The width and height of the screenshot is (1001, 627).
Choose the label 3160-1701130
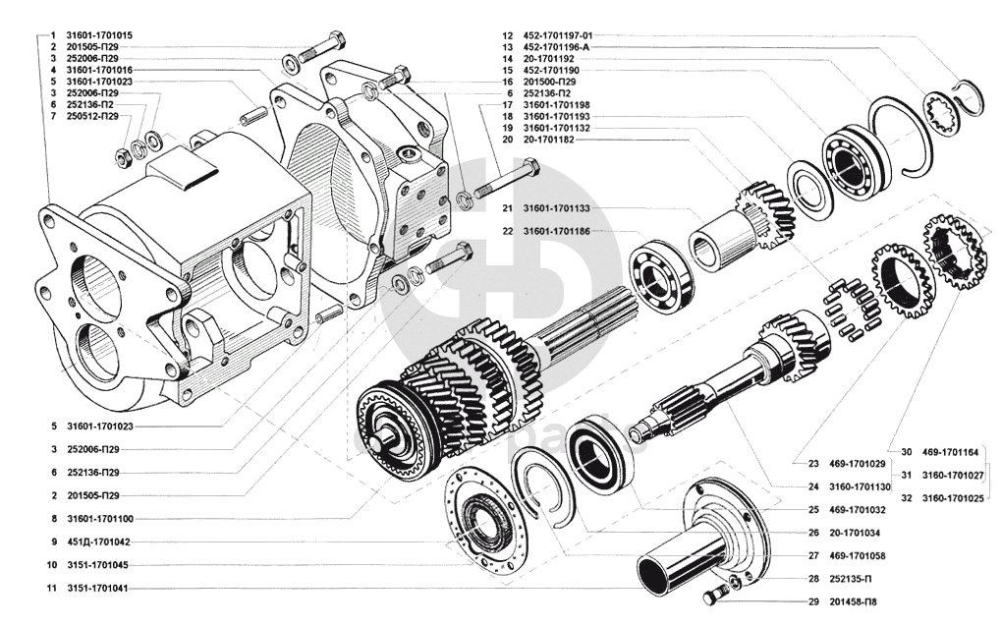click(859, 486)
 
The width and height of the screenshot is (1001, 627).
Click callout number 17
click(507, 104)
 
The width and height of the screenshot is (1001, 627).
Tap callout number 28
click(813, 578)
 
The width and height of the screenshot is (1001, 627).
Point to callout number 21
click(507, 208)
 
